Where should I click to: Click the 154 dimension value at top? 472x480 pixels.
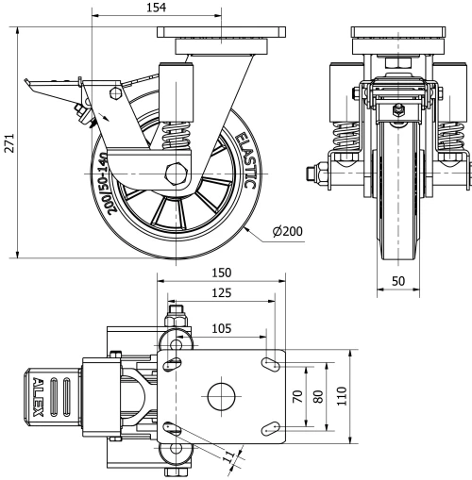pos(158,8)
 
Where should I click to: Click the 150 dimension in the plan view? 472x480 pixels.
pos(222,273)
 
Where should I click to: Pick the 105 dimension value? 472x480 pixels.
pos(219,328)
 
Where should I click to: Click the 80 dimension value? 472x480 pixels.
pos(318,396)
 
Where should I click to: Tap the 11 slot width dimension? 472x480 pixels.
pos(227,458)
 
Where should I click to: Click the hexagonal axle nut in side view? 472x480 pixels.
pos(175,176)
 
